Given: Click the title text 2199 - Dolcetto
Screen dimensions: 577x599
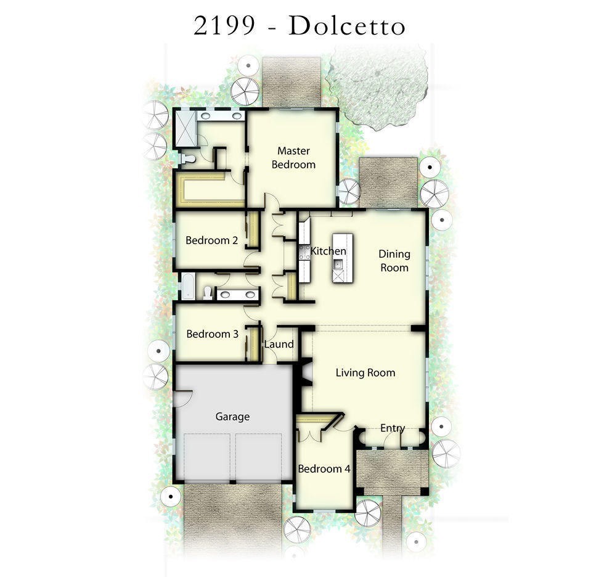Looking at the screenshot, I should pyautogui.click(x=299, y=26).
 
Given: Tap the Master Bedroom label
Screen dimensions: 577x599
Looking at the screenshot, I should pyautogui.click(x=293, y=158).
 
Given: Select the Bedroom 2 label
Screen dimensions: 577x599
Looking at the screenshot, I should pyautogui.click(x=211, y=240).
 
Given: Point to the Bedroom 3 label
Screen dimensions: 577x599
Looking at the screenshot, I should pyautogui.click(x=212, y=334).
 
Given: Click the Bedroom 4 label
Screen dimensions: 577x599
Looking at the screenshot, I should pyautogui.click(x=324, y=469).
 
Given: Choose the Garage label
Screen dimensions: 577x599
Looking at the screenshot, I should pyautogui.click(x=232, y=417).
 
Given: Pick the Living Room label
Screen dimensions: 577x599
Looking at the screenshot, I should pyautogui.click(x=365, y=372).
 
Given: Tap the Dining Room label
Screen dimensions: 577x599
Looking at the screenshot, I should pyautogui.click(x=394, y=261).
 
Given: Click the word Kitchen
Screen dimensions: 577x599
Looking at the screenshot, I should pyautogui.click(x=328, y=252).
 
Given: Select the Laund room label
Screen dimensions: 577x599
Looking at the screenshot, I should pyautogui.click(x=279, y=344).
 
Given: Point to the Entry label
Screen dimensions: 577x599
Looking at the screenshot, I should pyautogui.click(x=392, y=428).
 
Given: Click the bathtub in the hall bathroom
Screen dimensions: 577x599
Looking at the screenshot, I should pyautogui.click(x=187, y=287).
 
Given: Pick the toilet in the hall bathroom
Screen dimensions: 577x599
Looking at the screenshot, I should pyautogui.click(x=207, y=292).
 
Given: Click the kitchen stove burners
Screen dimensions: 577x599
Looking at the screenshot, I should pyautogui.click(x=304, y=252).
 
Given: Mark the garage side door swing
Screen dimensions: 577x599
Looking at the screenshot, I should pyautogui.click(x=182, y=397).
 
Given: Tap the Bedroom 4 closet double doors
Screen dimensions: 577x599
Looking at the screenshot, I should pyautogui.click(x=310, y=435).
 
